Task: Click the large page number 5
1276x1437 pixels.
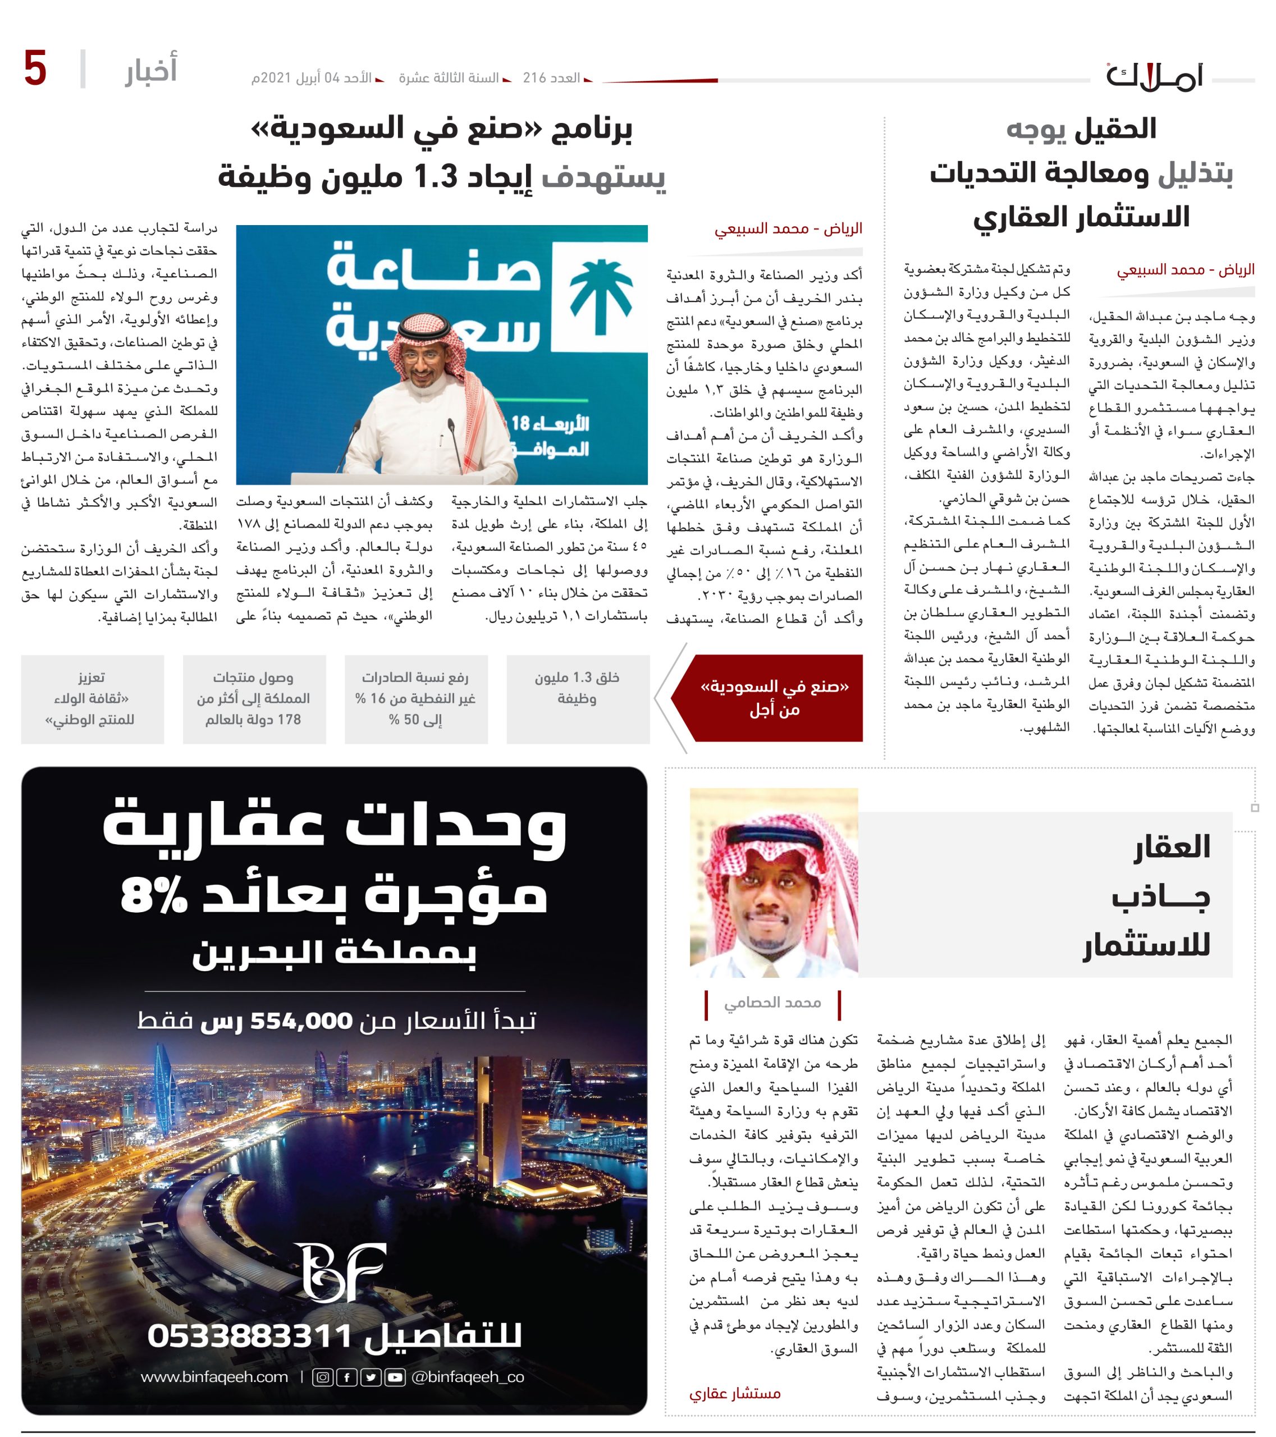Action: point(35,69)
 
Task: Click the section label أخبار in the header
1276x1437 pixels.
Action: point(150,70)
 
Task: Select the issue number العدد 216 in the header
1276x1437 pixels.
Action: point(551,78)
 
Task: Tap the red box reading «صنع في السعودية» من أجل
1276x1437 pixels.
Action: point(774,698)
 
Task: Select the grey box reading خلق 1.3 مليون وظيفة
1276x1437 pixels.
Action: point(577,699)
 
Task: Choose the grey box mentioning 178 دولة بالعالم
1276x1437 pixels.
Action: point(254,699)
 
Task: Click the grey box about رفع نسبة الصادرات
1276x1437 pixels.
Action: point(415,699)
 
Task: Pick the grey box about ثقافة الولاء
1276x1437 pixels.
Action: point(92,699)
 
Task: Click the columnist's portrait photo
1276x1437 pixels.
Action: point(774,882)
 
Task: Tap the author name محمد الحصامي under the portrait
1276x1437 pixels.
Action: point(772,1003)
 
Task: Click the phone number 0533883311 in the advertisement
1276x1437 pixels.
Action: point(250,1335)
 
